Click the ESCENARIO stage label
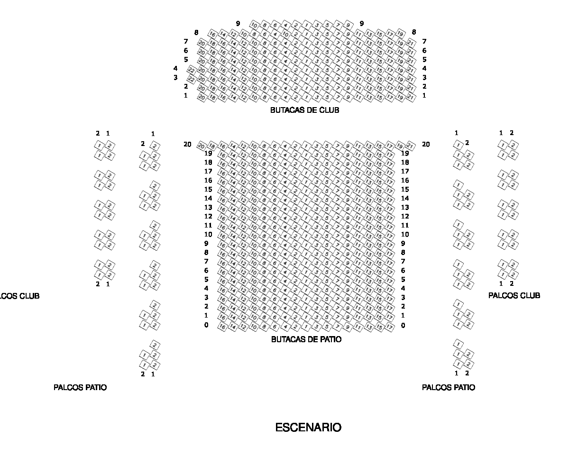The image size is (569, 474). coord(308,428)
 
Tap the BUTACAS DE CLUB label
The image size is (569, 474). coord(304,110)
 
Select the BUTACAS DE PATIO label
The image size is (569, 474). coord(306,339)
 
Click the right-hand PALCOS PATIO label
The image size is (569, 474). coord(448,387)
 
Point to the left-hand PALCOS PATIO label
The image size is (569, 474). coord(80,387)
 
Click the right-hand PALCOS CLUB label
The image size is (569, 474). coord(514,295)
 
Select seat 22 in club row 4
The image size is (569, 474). coord(192,70)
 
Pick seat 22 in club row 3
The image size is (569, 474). coord(192,79)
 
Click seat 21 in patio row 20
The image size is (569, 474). coord(411,146)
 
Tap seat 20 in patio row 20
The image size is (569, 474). coord(202,146)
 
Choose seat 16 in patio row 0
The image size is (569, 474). coord(222,326)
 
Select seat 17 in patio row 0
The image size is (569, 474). coord(389,327)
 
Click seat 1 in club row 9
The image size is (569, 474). coord(306,25)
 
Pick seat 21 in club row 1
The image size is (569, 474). coord(411,97)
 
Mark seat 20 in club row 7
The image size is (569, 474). coord(202,43)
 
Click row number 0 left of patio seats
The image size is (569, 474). coord(206,325)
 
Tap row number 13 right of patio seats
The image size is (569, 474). coord(405,207)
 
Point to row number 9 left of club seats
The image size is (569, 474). coord(238,23)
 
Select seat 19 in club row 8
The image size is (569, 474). coord(400,34)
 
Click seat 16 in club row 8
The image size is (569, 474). coord(212,34)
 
